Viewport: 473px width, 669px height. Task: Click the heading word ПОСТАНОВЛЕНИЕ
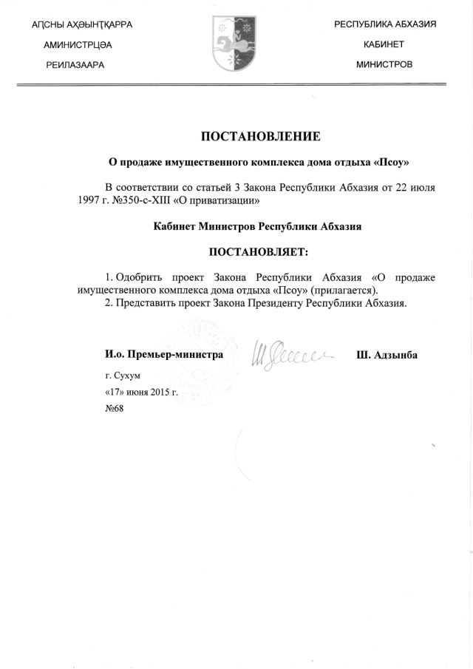261,136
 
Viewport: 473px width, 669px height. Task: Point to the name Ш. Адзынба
387,355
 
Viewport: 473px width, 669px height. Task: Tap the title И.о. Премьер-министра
164,355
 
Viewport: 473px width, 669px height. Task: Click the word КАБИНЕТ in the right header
384,44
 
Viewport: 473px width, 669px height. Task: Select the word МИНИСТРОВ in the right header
384,64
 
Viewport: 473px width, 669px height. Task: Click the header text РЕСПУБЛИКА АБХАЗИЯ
385,24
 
